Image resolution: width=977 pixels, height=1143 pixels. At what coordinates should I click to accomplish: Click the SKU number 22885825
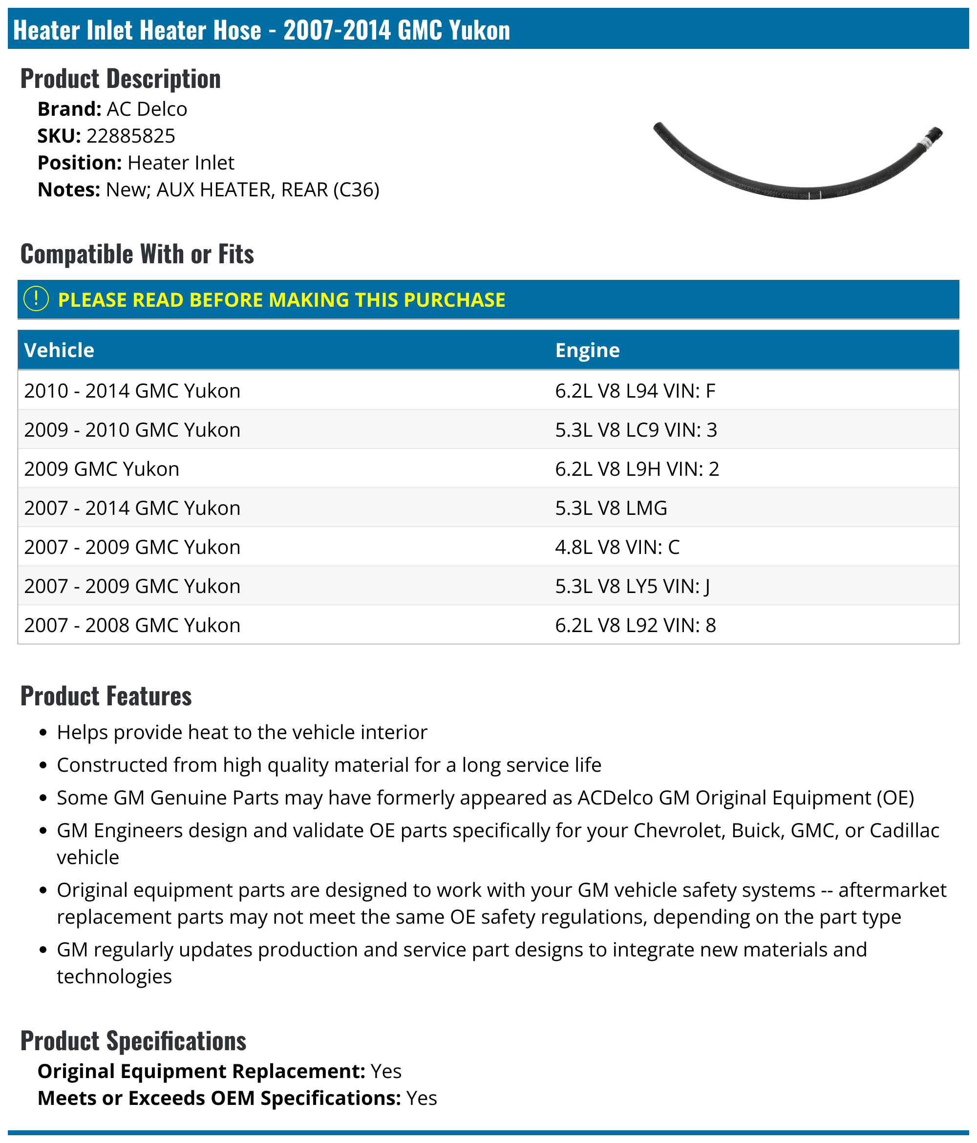(x=131, y=136)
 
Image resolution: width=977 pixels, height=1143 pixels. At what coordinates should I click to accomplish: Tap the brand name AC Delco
(x=147, y=109)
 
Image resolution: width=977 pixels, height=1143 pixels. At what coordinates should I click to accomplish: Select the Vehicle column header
(x=59, y=350)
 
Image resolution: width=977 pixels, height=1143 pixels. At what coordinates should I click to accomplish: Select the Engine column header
(x=587, y=350)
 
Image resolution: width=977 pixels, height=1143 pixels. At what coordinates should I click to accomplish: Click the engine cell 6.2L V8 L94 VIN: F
(x=635, y=391)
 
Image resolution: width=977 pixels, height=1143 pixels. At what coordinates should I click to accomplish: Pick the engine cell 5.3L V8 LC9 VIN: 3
(x=636, y=430)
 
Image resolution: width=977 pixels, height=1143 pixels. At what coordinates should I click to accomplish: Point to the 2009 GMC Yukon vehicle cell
(x=102, y=469)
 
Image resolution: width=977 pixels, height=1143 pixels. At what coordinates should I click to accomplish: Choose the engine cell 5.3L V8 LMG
(x=611, y=508)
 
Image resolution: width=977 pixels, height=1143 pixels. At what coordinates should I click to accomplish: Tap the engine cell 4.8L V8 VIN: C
(x=617, y=547)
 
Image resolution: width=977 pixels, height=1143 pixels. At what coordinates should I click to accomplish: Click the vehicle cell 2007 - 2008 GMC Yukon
(x=132, y=625)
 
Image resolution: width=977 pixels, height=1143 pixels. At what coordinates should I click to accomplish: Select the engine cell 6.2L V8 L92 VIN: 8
(x=635, y=625)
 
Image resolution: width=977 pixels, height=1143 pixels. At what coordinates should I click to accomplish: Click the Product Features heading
(x=106, y=696)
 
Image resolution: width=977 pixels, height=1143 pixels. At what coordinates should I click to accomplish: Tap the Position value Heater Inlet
(x=180, y=163)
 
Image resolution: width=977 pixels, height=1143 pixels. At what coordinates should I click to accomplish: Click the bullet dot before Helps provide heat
(x=43, y=733)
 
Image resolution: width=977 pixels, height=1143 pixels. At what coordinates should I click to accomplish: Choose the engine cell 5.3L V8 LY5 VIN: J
(x=632, y=586)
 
